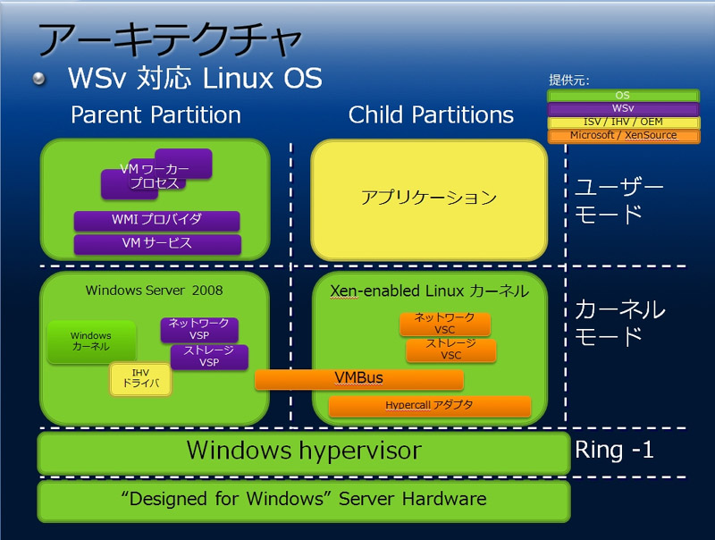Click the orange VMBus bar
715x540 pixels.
[x=359, y=379]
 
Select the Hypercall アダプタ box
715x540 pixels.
[x=430, y=406]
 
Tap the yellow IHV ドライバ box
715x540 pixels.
[x=141, y=378]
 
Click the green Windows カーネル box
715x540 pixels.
[x=91, y=342]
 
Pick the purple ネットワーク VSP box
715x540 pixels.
[x=199, y=329]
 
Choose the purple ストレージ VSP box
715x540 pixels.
[x=209, y=356]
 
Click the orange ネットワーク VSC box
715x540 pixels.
[x=444, y=324]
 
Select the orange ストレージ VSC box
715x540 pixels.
[x=450, y=350]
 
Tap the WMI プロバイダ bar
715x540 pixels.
[x=157, y=220]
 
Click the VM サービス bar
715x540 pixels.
[x=157, y=243]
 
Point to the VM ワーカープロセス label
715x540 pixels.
[x=155, y=176]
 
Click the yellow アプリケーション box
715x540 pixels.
[x=429, y=199]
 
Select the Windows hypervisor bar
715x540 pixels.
[x=304, y=452]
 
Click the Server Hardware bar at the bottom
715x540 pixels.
[x=304, y=501]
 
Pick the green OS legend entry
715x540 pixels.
[x=623, y=96]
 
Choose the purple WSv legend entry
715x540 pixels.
[x=623, y=108]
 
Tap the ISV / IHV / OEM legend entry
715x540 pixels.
[x=623, y=122]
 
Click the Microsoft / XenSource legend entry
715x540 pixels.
[x=623, y=136]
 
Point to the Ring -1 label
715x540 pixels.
[x=614, y=451]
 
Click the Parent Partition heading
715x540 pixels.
[x=156, y=115]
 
